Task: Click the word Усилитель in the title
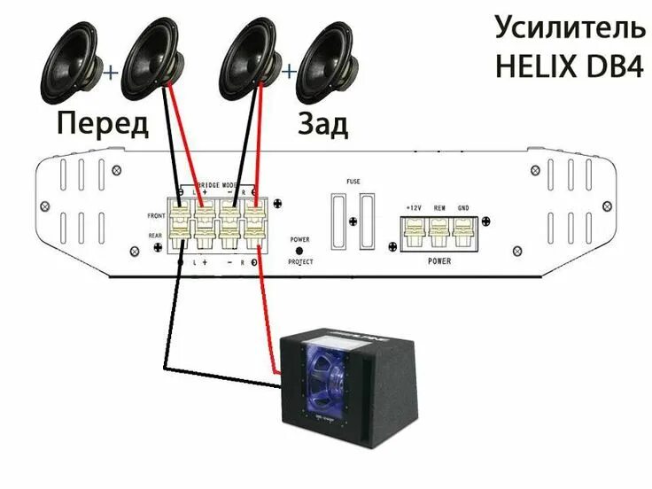[570, 28]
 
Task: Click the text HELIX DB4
[570, 68]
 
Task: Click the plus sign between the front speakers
[111, 71]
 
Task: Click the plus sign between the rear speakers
[288, 70]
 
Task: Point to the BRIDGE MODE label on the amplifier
[217, 182]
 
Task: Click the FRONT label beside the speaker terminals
[157, 217]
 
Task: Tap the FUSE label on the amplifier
[354, 182]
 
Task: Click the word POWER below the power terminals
[439, 261]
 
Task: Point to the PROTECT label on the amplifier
[300, 262]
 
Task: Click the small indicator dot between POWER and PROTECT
[299, 251]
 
